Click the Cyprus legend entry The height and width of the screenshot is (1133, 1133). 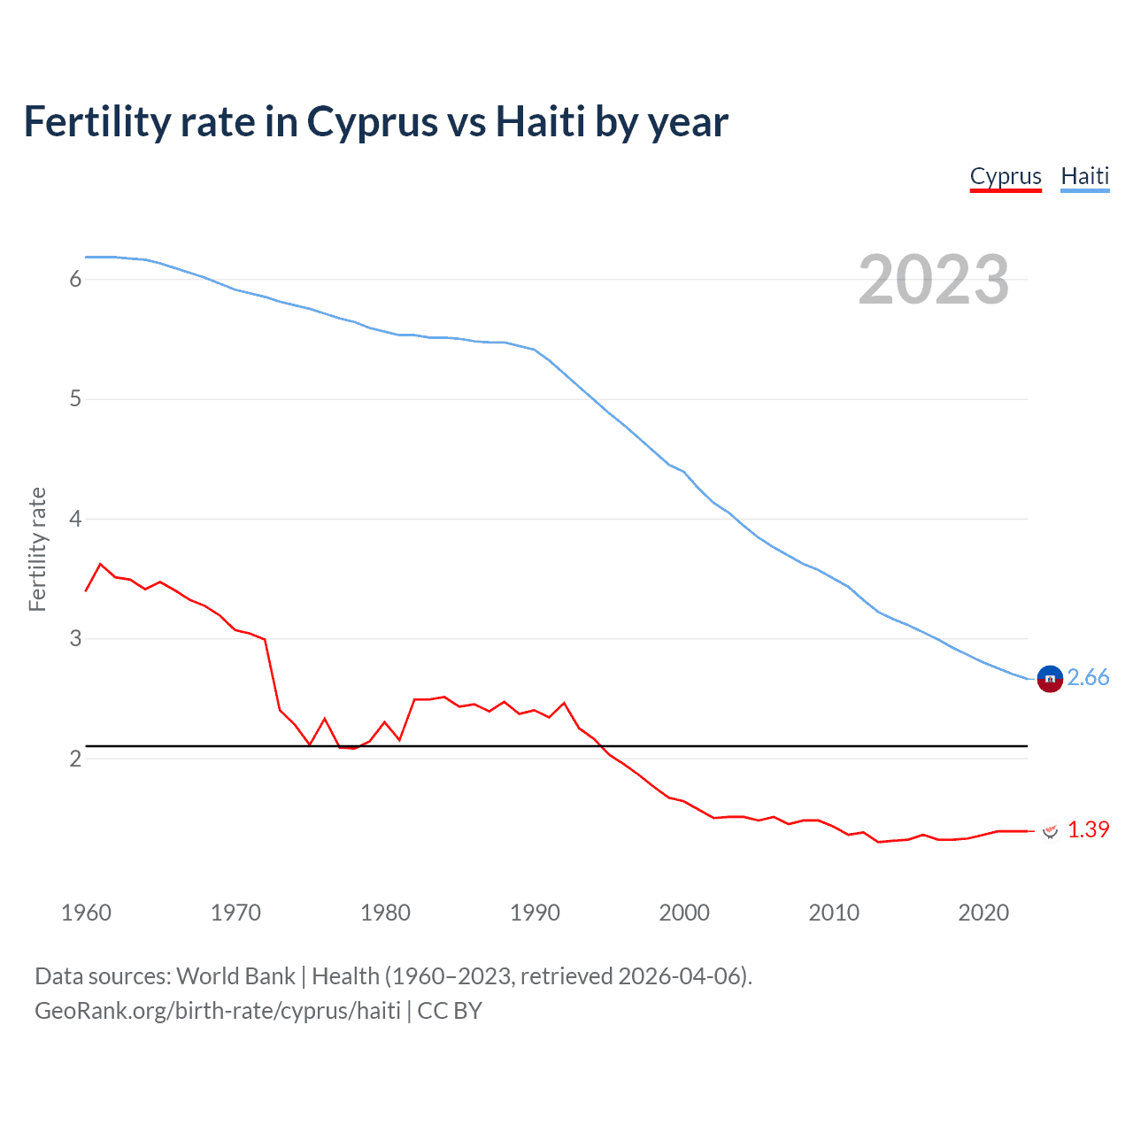pos(1006,176)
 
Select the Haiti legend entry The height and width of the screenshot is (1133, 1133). pos(1084,176)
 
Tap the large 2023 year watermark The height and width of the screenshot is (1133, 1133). pos(933,280)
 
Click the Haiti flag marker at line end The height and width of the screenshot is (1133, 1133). pos(1049,679)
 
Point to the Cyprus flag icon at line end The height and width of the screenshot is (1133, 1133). pos(1050,831)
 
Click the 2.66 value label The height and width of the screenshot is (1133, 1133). pos(1088,678)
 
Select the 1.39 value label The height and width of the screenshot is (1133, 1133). pos(1088,830)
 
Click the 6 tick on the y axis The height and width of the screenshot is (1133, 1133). pos(75,280)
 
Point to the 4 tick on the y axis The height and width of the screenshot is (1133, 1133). pos(75,519)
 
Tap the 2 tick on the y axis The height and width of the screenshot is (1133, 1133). pos(75,759)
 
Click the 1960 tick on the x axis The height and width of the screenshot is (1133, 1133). pos(86,913)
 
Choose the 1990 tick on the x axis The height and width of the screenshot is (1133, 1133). pos(535,913)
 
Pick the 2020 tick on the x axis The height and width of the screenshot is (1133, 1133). pos(983,913)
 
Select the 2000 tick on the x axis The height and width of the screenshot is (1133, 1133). pos(684,913)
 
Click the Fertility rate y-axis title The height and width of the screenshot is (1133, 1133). pos(37,549)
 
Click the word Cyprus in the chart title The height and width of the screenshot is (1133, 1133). pos(372,122)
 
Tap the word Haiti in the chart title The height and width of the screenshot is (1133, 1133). pos(540,122)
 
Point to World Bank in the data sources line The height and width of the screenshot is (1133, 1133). pos(235,976)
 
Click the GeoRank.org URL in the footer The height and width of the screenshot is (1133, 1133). pos(218,1011)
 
